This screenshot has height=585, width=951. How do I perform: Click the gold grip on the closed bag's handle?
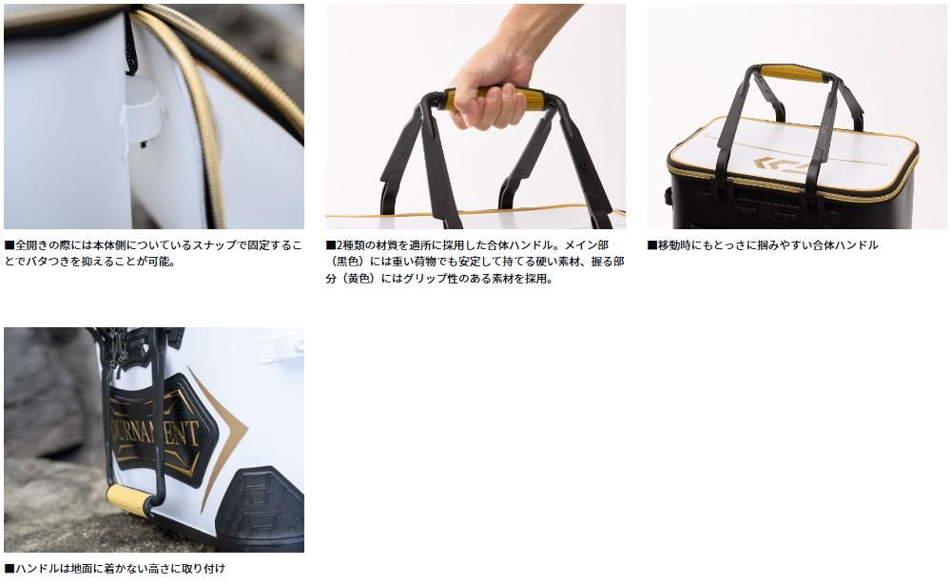pos(791,74)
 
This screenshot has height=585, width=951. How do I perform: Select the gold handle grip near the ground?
pos(128,498)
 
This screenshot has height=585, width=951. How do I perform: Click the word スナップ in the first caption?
pos(214,245)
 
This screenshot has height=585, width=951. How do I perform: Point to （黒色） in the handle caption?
pos(347,263)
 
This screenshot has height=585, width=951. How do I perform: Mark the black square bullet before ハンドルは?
pos(10,569)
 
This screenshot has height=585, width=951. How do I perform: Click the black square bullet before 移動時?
pos(652,245)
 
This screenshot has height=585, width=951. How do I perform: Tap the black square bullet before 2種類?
pos(331,245)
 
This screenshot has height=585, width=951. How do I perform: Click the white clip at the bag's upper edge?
pos(279,348)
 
